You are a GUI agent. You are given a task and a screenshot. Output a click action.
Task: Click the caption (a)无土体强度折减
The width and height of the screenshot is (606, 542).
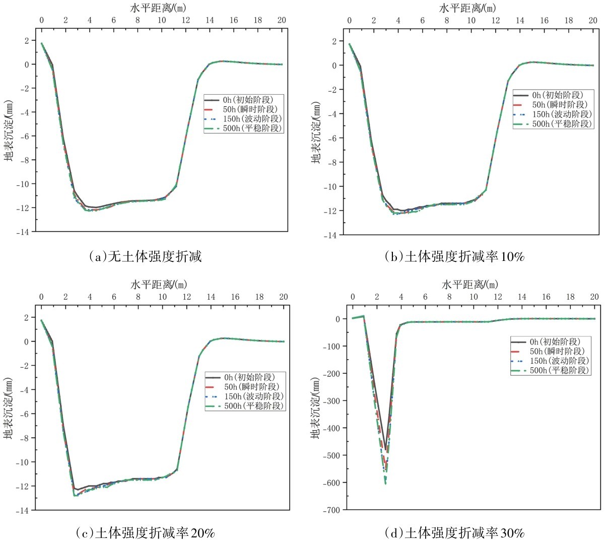(x=145, y=257)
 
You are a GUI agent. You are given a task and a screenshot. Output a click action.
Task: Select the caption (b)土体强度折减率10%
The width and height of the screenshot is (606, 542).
(x=454, y=257)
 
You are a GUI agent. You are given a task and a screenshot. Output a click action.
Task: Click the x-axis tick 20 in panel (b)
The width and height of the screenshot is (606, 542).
(x=593, y=21)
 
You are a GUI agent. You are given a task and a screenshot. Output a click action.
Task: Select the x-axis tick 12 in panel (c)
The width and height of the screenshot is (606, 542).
(x=187, y=297)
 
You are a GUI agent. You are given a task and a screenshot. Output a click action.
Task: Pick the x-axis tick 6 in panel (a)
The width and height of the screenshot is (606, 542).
(x=114, y=20)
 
